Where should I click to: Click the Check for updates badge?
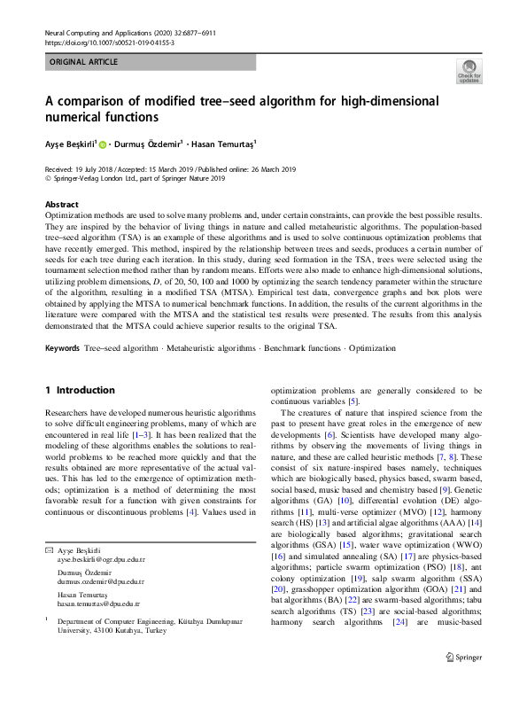[x=469, y=71]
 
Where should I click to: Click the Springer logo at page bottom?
[x=463, y=682]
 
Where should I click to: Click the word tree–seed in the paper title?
[x=231, y=100]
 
